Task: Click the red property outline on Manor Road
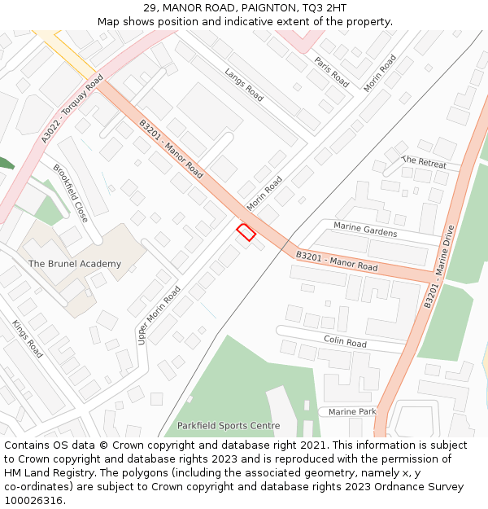coord(246,232)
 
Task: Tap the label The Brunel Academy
coord(75,264)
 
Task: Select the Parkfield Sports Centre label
coord(222,426)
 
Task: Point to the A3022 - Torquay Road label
coord(72,110)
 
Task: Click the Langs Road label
coord(244,84)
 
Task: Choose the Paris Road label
coord(332,71)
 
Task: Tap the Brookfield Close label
coord(70,193)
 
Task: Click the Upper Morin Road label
coord(159,315)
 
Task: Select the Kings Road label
coord(28,339)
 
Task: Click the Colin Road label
coord(345,341)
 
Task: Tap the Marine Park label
coord(351,412)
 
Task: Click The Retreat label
coord(425,162)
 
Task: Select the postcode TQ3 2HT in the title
coord(324,8)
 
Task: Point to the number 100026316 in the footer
coord(34,501)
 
